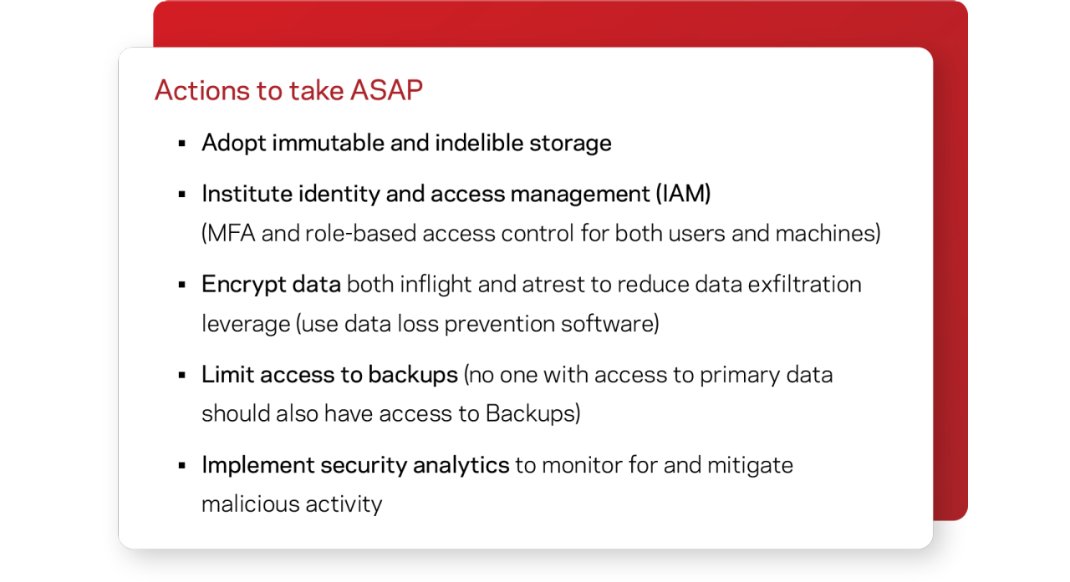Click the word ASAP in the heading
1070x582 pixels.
[386, 90]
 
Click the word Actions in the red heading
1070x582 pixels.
[202, 90]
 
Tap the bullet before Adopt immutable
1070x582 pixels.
[181, 143]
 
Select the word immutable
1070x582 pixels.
[329, 143]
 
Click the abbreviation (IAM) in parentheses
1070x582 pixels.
[683, 194]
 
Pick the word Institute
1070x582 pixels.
[247, 194]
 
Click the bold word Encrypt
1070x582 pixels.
[243, 285]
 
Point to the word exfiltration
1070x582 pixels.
[804, 285]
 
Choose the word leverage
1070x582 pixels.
[246, 324]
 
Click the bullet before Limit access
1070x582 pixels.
[181, 376]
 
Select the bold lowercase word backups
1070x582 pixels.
[413, 374]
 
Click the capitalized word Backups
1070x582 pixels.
[530, 413]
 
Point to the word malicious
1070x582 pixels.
[251, 504]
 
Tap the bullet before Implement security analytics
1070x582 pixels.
[181, 466]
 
